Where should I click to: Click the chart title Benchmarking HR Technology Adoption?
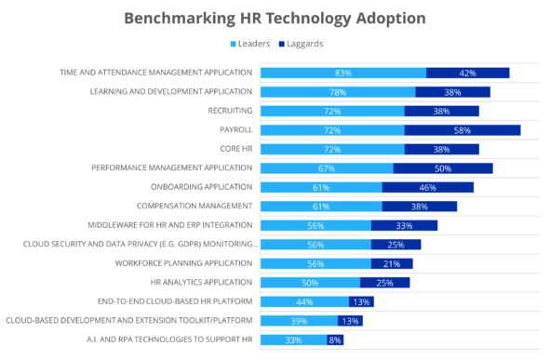(275, 17)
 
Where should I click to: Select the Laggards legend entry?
(302, 43)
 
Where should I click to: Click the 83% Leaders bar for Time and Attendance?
(342, 73)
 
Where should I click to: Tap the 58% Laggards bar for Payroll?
(462, 130)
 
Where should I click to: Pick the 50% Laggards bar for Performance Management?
(443, 168)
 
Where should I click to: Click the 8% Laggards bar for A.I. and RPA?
(335, 340)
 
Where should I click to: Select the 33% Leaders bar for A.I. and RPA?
(293, 340)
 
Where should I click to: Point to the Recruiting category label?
(230, 111)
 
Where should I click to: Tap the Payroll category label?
(235, 130)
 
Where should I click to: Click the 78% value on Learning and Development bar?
(338, 92)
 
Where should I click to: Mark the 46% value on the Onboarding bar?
(428, 187)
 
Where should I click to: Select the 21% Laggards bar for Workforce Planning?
(392, 263)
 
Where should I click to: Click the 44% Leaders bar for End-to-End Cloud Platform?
(304, 302)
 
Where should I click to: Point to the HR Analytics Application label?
(201, 283)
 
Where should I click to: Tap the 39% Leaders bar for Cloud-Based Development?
(299, 321)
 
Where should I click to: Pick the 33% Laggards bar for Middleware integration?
(404, 225)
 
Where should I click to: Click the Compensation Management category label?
(195, 207)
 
